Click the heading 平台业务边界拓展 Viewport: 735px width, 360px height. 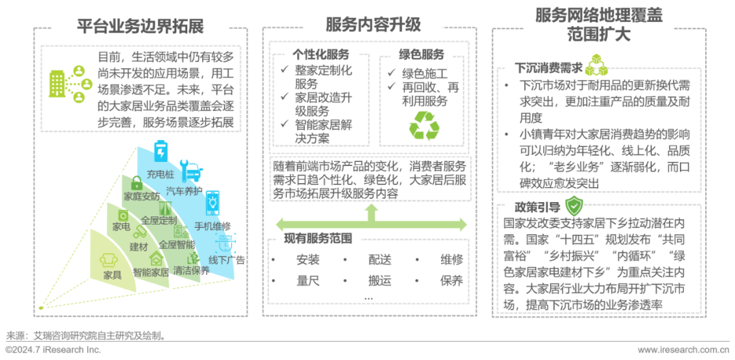(x=140, y=26)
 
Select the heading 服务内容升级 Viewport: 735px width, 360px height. (x=373, y=25)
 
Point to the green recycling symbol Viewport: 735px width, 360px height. (x=424, y=125)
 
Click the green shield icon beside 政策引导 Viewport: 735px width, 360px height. (x=576, y=204)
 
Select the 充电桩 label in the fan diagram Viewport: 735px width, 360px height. (x=160, y=174)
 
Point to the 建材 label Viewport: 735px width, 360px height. (x=138, y=246)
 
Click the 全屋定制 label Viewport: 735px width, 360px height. (x=159, y=220)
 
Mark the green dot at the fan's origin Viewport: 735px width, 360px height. (x=42, y=308)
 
